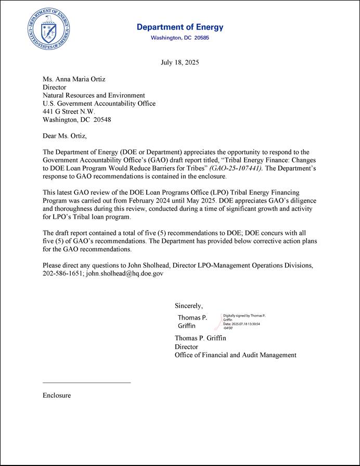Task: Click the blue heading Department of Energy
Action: pyautogui.click(x=180, y=27)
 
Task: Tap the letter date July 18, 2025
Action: pyautogui.click(x=180, y=62)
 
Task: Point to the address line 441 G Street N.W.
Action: pyautogui.click(x=69, y=111)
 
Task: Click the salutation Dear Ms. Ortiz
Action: pyautogui.click(x=65, y=136)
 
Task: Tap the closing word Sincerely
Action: pyautogui.click(x=188, y=306)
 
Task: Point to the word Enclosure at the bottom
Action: pyautogui.click(x=57, y=395)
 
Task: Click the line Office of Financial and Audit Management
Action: pyautogui.click(x=235, y=355)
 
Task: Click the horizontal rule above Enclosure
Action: pyautogui.click(x=86, y=383)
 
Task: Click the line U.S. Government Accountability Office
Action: pyautogui.click(x=99, y=104)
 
